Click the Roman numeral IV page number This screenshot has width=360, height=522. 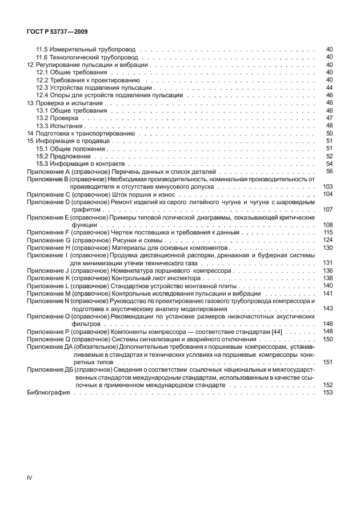30,476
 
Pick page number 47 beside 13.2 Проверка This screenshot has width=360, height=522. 329,118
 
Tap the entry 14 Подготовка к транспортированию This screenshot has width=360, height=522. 82,133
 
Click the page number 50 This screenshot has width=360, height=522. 329,133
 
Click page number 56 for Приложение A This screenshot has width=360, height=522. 329,171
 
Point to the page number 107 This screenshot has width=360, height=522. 327,209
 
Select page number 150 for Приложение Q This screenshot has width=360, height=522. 327,338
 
